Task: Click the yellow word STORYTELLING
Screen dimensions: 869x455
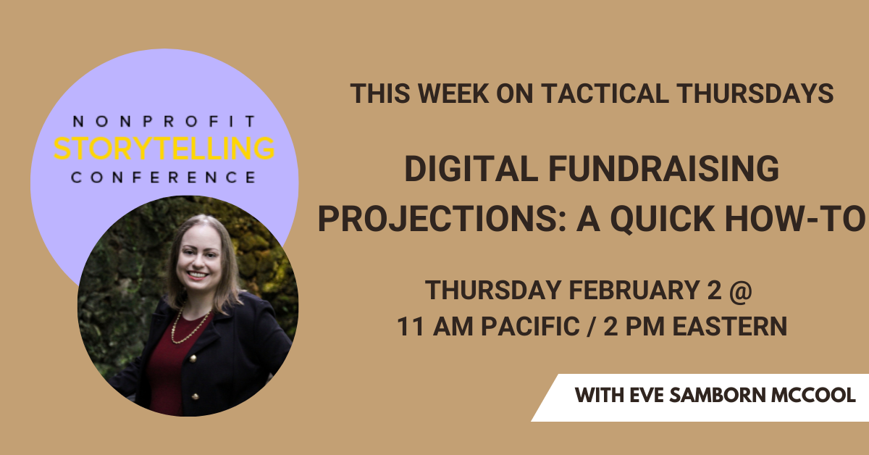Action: (164, 148)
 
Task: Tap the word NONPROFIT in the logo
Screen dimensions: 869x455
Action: (164, 121)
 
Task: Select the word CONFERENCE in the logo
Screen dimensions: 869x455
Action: (164, 178)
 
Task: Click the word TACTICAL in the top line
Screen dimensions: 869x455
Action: (605, 93)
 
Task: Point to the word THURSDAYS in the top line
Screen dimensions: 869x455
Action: (755, 93)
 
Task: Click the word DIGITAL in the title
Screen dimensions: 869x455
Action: (471, 169)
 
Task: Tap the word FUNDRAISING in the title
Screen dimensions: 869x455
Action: (664, 169)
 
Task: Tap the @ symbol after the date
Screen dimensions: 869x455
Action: (741, 291)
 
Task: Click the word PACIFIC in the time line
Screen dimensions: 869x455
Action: (530, 326)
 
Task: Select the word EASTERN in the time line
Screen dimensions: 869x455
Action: (730, 326)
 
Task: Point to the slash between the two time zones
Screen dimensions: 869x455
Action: (592, 327)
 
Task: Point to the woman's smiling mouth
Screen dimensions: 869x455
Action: (198, 275)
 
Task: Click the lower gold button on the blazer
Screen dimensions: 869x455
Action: (196, 396)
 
